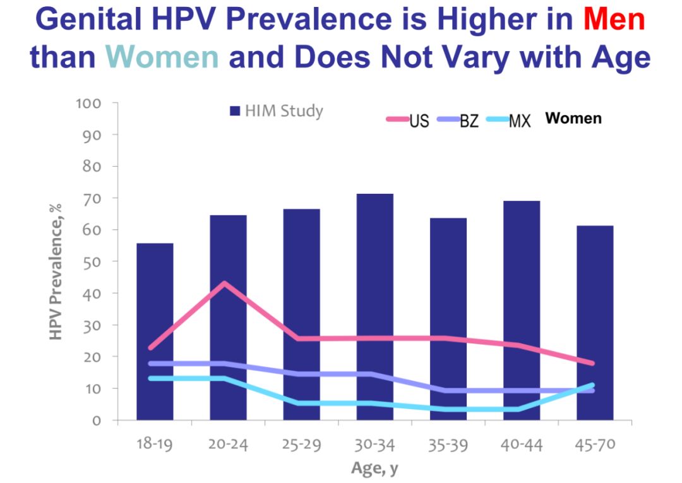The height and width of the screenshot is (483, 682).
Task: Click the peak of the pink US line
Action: coord(224,283)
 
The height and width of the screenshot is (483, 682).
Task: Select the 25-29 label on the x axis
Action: coord(301,444)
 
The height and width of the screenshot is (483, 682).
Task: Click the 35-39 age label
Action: coord(448,444)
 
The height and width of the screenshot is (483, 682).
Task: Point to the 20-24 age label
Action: coord(228,444)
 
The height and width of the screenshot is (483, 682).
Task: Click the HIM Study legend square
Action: coord(234,112)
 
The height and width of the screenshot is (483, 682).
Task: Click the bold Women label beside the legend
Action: coord(573,118)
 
